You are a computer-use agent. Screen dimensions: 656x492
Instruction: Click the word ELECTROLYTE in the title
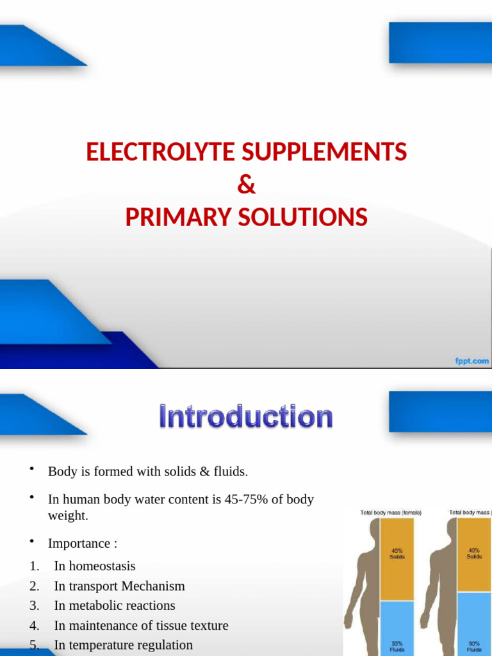coord(161,152)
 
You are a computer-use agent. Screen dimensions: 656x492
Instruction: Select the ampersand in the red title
coord(246,185)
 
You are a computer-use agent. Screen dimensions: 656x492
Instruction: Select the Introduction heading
coord(246,417)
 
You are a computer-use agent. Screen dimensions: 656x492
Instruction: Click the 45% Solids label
coord(397,553)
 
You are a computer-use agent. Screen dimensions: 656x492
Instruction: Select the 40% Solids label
coord(474,553)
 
